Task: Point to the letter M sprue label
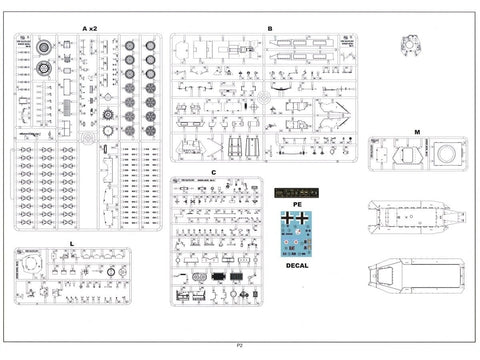[417, 131]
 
